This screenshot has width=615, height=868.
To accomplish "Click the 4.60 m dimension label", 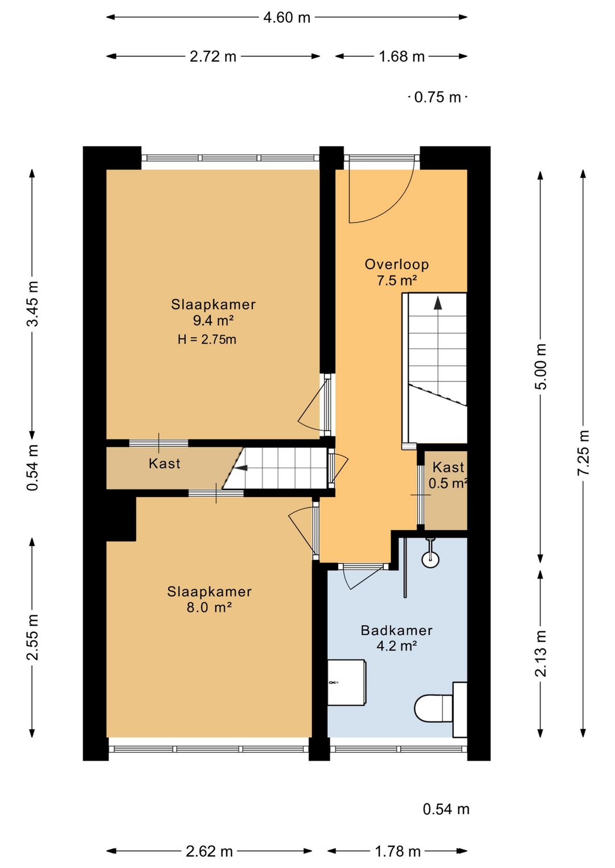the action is point(287,18).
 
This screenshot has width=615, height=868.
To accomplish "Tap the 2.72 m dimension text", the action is point(213,56).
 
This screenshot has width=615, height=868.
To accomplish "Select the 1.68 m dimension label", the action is point(401,56).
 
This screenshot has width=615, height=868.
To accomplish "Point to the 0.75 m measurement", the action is point(437,97).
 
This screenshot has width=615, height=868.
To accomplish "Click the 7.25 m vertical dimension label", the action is point(583,453).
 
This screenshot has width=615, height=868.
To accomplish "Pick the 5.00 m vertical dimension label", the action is point(540,366).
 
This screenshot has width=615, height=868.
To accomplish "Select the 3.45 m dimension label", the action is point(32,304).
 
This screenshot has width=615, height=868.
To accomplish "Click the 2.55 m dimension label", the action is point(32,638).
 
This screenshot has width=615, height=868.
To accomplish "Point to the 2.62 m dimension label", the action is point(209,852).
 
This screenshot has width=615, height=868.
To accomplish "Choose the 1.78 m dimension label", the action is point(397,852).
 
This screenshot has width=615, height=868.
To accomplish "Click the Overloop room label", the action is point(396,264).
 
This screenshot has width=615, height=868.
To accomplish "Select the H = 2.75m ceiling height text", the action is point(207,340).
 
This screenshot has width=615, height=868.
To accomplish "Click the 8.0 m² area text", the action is point(209,607).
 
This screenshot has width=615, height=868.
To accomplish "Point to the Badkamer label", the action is point(396,630).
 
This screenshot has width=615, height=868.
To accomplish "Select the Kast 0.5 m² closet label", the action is point(448,476).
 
